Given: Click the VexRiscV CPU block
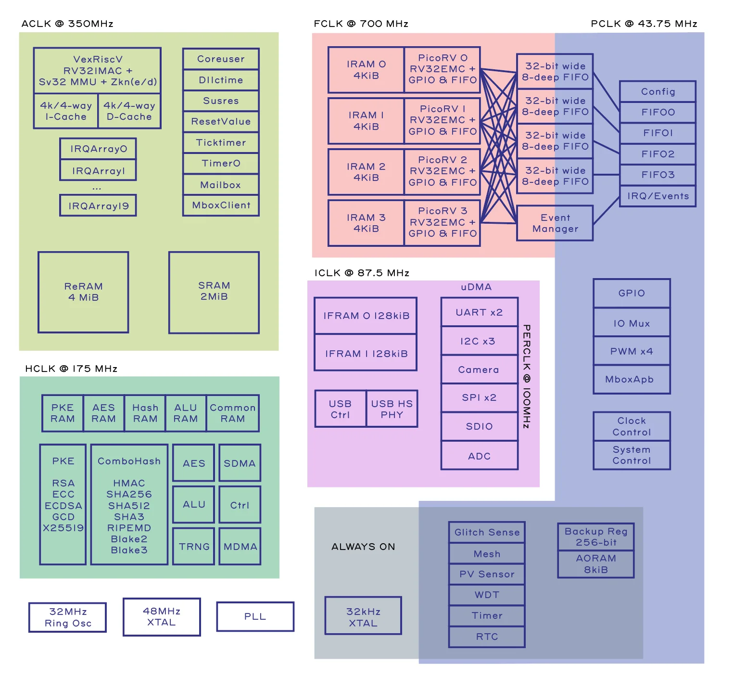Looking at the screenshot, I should point(97,70).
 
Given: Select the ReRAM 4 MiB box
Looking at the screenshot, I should point(83,292).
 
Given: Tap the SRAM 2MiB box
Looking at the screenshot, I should point(214,292).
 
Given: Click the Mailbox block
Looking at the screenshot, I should point(221,185).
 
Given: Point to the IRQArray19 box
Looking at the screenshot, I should point(98,206).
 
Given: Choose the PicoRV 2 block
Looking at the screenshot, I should point(442,171).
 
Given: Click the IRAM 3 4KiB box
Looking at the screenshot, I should point(366,223).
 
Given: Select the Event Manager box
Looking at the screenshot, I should point(555,223).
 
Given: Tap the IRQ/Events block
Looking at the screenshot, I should point(658,196).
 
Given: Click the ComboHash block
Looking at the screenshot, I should point(129,504).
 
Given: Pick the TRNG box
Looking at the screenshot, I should point(194,547).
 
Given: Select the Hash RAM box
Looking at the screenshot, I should point(145,413).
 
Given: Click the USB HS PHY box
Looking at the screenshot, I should point(392,409).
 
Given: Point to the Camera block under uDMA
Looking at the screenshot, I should point(479,370).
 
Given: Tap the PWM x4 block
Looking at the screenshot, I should point(632,351).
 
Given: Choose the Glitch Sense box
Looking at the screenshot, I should point(487,533).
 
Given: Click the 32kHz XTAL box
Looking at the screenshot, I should point(363,617).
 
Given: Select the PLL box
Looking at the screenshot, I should point(255,617).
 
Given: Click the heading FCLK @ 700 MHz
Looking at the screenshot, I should point(361,24).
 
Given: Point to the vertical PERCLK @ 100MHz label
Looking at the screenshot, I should point(527,376).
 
